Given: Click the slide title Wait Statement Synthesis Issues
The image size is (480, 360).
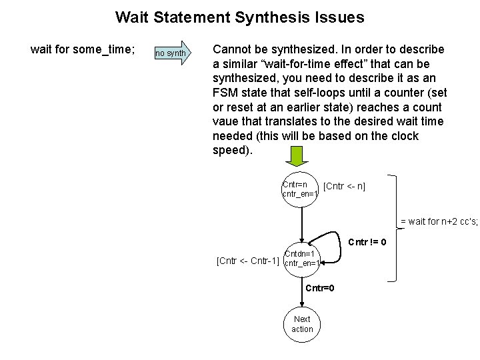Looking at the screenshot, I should [239, 17].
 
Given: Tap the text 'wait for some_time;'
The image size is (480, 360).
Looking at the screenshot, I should [83, 50].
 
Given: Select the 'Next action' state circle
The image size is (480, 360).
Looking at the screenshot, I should [302, 324].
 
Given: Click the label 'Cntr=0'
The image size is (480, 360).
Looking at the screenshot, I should [319, 288].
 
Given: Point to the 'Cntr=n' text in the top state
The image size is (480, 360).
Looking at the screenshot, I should [295, 184].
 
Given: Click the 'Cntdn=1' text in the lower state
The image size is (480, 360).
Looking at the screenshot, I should [299, 253].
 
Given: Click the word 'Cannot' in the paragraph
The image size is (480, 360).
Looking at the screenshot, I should [231, 50].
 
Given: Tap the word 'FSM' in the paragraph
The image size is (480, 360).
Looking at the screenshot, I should [225, 93].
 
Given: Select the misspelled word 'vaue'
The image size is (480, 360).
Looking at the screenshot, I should [225, 122].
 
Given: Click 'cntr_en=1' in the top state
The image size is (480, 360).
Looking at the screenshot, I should [301, 194].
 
